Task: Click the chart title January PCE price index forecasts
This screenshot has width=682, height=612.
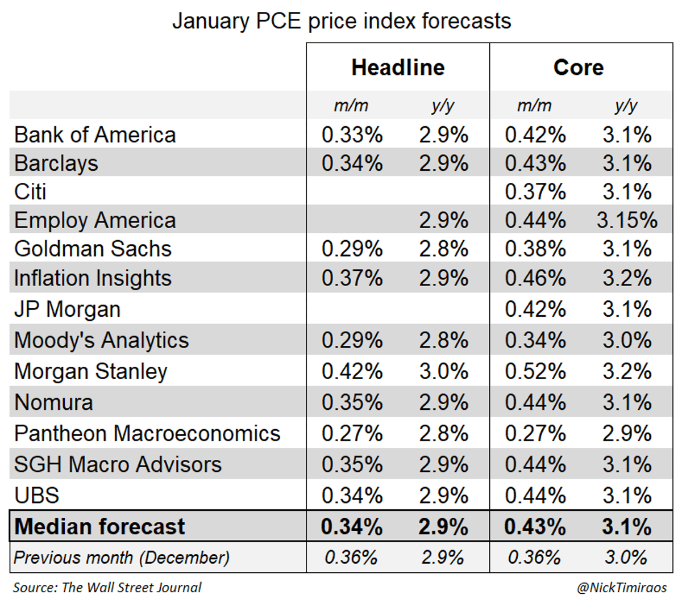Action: [x=341, y=21]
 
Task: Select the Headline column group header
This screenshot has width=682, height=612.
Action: [x=398, y=68]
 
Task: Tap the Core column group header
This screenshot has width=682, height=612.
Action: [x=579, y=68]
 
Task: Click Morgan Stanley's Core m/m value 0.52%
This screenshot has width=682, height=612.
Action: [x=535, y=371]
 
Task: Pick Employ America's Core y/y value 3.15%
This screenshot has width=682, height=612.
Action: [x=627, y=220]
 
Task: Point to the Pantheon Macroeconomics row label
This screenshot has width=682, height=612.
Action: [x=147, y=434]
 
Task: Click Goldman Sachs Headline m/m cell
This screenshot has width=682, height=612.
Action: [x=352, y=249]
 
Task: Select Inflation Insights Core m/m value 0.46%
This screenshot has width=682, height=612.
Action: [x=535, y=278]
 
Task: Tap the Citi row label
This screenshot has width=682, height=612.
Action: [x=30, y=192]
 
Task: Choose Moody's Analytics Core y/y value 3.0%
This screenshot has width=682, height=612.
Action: [x=627, y=340]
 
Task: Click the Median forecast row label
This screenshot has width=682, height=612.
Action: [x=99, y=527]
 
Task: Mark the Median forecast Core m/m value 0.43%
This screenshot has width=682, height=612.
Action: [x=535, y=527]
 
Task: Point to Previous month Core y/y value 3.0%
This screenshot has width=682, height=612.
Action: [x=626, y=557]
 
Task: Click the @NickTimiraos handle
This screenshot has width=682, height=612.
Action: [x=622, y=588]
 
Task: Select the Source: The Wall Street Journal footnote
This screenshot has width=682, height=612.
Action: [x=107, y=588]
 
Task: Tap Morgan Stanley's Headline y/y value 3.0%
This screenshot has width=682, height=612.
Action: [x=443, y=371]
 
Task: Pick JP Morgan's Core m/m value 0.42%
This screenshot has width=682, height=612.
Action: [x=535, y=309]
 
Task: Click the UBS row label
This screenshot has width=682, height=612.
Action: [x=36, y=496]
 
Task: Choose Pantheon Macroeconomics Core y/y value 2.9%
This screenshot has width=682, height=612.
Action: [x=627, y=434]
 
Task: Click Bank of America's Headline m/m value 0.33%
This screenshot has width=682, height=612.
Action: [x=352, y=135]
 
